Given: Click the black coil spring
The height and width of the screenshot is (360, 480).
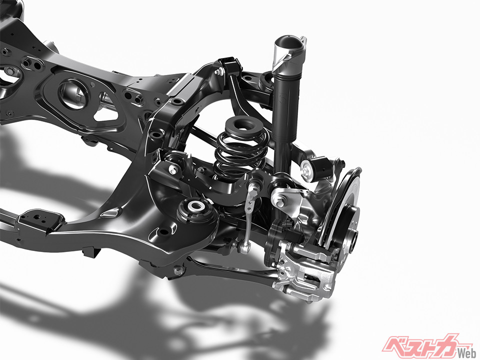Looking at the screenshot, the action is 239,153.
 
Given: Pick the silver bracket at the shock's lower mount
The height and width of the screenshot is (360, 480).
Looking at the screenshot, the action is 286,199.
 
